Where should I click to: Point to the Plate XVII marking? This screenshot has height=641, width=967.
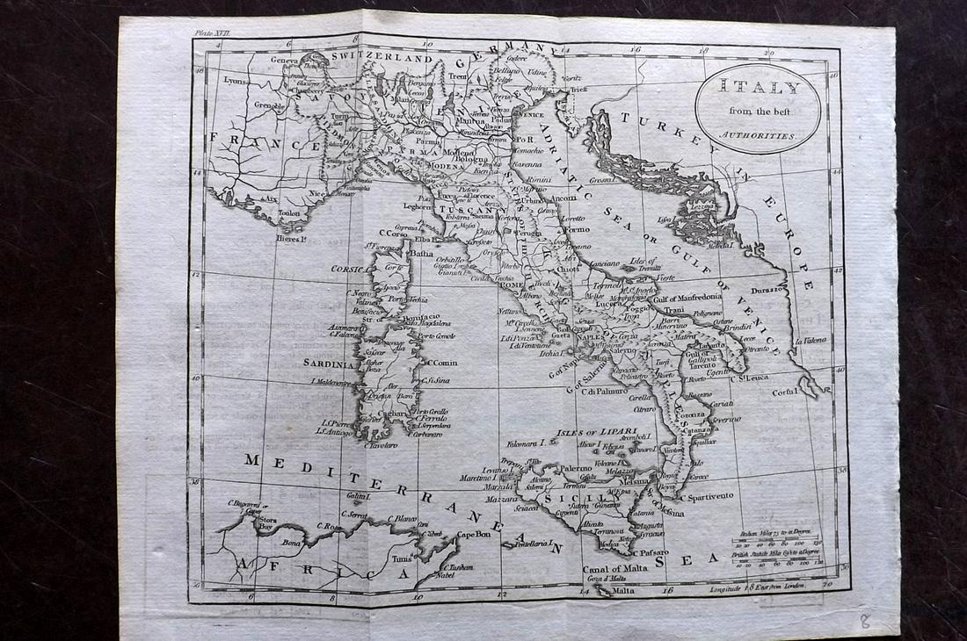209,32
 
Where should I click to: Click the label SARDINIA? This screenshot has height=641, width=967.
330,361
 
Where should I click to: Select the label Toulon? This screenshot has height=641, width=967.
289,212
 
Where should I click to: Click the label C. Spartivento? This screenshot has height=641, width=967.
709,497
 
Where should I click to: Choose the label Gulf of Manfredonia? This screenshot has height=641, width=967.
687,298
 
